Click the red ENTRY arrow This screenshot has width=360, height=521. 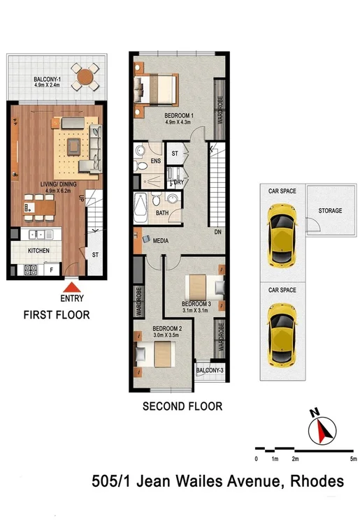click(x=71, y=286)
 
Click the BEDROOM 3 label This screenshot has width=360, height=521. click(x=196, y=304)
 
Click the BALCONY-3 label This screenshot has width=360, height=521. click(x=210, y=370)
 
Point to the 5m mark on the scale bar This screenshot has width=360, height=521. click(x=354, y=459)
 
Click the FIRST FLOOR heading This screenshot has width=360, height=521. click(x=56, y=315)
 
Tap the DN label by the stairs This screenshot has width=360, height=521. click(x=218, y=232)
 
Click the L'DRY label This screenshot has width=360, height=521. click(x=177, y=183)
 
